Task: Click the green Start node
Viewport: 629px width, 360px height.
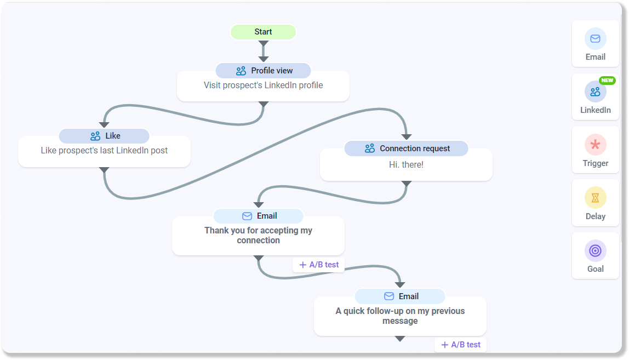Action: [263, 32]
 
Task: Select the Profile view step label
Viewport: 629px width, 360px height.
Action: [263, 71]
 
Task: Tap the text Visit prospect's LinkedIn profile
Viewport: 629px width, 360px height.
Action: [263, 85]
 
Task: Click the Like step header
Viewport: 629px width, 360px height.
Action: [104, 136]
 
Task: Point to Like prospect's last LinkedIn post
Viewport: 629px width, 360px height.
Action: [104, 151]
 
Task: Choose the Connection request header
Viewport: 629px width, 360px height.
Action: [406, 148]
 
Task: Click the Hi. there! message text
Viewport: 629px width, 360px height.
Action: [406, 164]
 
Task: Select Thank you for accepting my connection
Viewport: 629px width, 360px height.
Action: [258, 236]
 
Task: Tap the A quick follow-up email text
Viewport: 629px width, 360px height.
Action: [400, 316]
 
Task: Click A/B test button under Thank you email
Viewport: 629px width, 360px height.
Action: [319, 265]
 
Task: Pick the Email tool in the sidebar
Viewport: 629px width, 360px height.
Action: [595, 44]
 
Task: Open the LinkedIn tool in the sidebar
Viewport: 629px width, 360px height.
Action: [595, 97]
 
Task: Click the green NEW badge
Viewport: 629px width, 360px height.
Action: [607, 81]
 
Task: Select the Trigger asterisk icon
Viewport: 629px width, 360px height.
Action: [595, 145]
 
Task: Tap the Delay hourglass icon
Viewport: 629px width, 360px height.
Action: [595, 197]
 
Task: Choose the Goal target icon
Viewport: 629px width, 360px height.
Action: [595, 250]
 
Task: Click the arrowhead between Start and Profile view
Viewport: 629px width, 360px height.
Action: [264, 58]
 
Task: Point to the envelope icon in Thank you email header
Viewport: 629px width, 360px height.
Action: [247, 216]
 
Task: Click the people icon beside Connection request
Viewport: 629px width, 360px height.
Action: [370, 148]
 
